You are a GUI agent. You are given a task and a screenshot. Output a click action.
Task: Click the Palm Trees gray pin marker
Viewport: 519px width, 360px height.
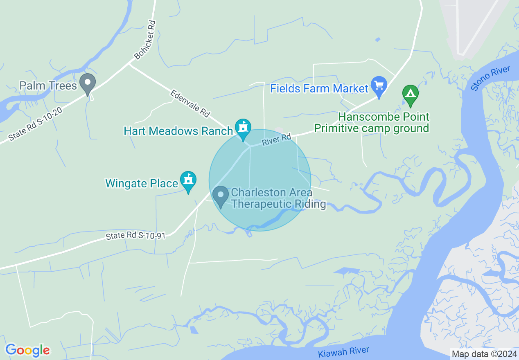tap(87, 83)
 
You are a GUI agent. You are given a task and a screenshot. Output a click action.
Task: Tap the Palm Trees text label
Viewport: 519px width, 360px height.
tap(48, 86)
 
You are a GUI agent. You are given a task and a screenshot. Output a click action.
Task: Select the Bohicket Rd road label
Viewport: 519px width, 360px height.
tap(145, 40)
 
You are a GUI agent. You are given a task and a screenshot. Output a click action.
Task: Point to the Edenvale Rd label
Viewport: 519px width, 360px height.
tap(190, 103)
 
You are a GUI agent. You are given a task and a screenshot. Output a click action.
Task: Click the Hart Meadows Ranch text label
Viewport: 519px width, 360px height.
tap(178, 131)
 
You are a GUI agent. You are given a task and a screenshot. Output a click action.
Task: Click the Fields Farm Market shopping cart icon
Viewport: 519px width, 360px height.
tap(379, 86)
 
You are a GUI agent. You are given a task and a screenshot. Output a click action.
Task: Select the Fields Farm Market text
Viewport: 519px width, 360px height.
tap(319, 88)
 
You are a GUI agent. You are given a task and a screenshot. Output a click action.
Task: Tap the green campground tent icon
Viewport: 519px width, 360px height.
tap(410, 94)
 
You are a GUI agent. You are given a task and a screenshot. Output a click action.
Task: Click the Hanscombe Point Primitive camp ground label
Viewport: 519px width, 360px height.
tap(372, 123)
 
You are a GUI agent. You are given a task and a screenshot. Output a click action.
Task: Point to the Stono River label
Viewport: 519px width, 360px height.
tap(490, 78)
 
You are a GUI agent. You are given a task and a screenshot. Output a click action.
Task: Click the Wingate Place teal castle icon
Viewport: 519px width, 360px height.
tap(188, 180)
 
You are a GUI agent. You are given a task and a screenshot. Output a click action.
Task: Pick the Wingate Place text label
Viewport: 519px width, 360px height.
tap(141, 183)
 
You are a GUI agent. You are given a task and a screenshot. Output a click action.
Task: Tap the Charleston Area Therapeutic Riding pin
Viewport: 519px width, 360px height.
tap(221, 196)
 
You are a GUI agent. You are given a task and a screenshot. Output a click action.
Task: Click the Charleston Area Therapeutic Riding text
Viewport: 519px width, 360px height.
tap(278, 198)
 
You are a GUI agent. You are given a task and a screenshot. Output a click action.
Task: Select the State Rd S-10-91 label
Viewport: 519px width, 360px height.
tap(135, 236)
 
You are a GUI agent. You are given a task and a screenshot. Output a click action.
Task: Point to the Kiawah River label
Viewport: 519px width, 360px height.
tap(343, 352)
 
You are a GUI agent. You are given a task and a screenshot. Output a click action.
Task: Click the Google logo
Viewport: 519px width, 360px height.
tap(27, 350)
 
